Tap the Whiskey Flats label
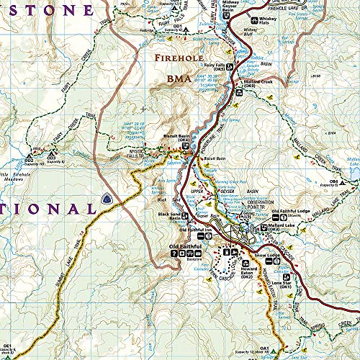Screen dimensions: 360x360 (268, 19)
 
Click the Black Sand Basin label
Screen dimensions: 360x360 (170, 217)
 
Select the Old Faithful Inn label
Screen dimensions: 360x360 (204, 230)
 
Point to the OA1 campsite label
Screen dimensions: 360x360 (266, 329)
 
